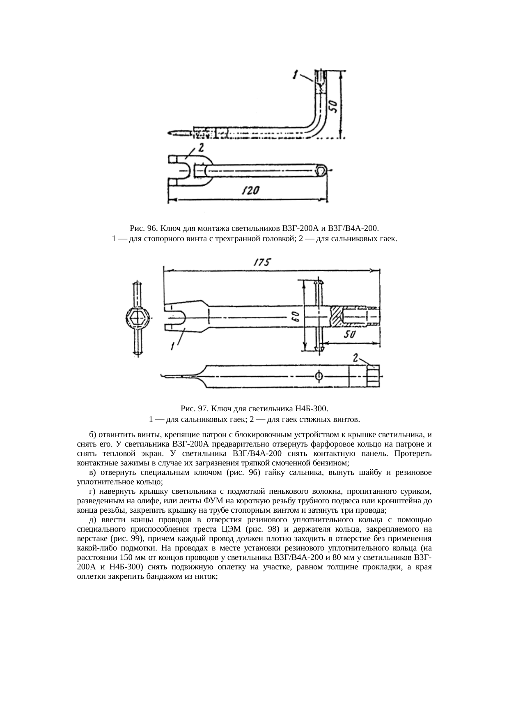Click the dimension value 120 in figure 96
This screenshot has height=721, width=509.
(251, 191)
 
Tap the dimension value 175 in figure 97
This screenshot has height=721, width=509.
(261, 263)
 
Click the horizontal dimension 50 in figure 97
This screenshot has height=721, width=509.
(349, 335)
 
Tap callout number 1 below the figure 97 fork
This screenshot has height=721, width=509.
(173, 346)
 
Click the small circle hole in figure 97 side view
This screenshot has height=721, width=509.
(319, 376)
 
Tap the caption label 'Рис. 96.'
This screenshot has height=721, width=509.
(143, 228)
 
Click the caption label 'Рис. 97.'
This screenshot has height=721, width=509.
(194, 409)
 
